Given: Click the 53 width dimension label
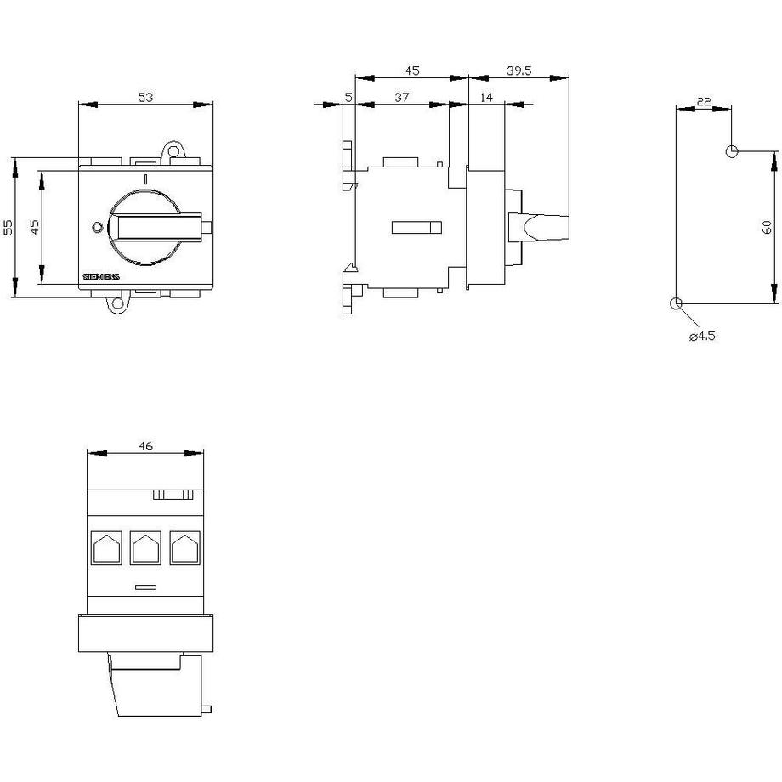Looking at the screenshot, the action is pyautogui.click(x=145, y=97).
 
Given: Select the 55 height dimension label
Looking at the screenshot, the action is pyautogui.click(x=8, y=228).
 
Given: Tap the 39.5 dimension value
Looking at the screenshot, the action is pyautogui.click(x=519, y=71).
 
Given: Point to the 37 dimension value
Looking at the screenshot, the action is pyautogui.click(x=402, y=97).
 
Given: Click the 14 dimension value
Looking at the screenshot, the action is pyautogui.click(x=486, y=97).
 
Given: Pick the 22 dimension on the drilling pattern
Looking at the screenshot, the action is pyautogui.click(x=704, y=102).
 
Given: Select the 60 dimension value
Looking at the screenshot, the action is pyautogui.click(x=767, y=228).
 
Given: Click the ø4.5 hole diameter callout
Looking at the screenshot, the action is pyautogui.click(x=702, y=336).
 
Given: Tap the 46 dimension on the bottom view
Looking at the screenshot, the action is pyautogui.click(x=145, y=446).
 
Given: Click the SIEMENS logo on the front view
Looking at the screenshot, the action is pyautogui.click(x=101, y=277).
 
